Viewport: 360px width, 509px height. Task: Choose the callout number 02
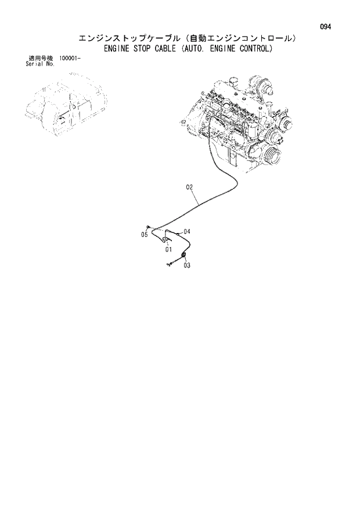[x=189, y=187]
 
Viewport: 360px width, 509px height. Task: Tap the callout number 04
[x=186, y=231]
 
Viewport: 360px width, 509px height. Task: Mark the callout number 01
[x=168, y=249]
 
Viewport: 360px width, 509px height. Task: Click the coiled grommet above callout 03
[x=183, y=255]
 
